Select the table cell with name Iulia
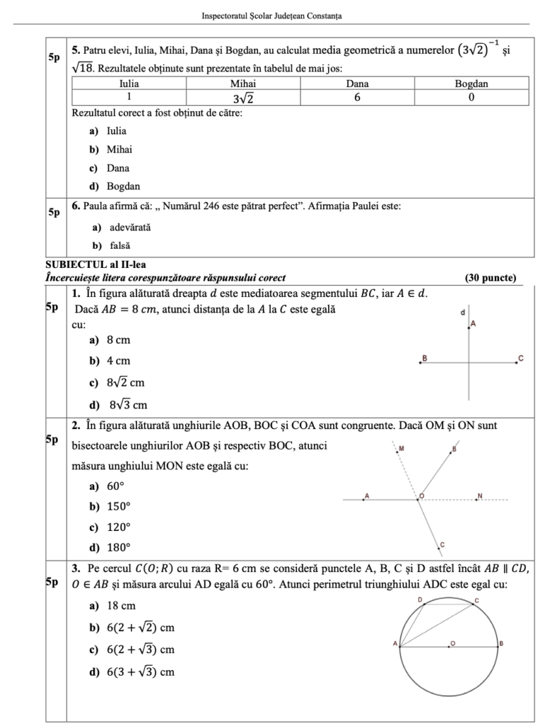129,84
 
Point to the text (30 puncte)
490,277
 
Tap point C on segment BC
515,363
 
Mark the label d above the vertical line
463,312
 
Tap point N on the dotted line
478,499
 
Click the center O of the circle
448,646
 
